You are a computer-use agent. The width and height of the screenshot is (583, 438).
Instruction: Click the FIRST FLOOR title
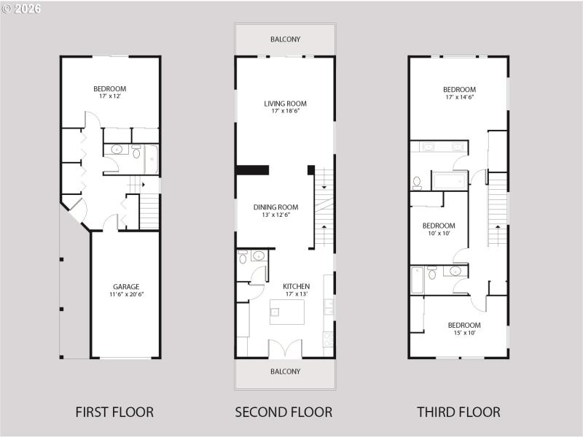coord(114,412)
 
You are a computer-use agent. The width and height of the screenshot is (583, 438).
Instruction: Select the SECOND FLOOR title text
coord(283,412)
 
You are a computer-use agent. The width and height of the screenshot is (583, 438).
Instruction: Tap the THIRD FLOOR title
coord(458,412)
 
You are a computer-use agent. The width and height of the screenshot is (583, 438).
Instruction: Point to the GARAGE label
coord(126,287)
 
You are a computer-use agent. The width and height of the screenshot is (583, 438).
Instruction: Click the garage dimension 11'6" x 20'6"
coord(126,295)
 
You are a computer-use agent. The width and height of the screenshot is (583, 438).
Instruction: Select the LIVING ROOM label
coord(285,104)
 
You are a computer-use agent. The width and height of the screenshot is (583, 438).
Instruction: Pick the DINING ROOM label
coord(276,207)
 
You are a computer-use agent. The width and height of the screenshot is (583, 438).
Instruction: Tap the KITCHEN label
coord(297,286)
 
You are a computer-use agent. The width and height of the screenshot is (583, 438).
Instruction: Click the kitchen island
coord(286,312)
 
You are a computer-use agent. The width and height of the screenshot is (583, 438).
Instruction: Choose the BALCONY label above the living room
coord(285,39)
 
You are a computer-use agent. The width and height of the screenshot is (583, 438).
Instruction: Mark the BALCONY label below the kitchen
coord(285,372)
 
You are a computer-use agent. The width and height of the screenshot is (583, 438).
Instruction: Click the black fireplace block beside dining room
coord(252,170)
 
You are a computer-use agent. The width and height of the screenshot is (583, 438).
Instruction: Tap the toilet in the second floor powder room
coord(243,257)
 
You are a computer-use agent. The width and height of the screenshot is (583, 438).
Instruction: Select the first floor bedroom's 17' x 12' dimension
coord(109,95)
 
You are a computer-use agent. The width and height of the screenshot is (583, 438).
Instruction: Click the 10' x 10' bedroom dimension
coord(439,234)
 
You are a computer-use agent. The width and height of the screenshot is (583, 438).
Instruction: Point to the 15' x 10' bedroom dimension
coord(463,333)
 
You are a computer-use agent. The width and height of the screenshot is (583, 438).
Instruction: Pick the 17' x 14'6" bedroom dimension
coord(459,97)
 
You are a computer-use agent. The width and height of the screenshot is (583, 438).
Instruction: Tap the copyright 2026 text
coord(21,9)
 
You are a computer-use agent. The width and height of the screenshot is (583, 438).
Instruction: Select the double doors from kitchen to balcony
coord(285,349)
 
